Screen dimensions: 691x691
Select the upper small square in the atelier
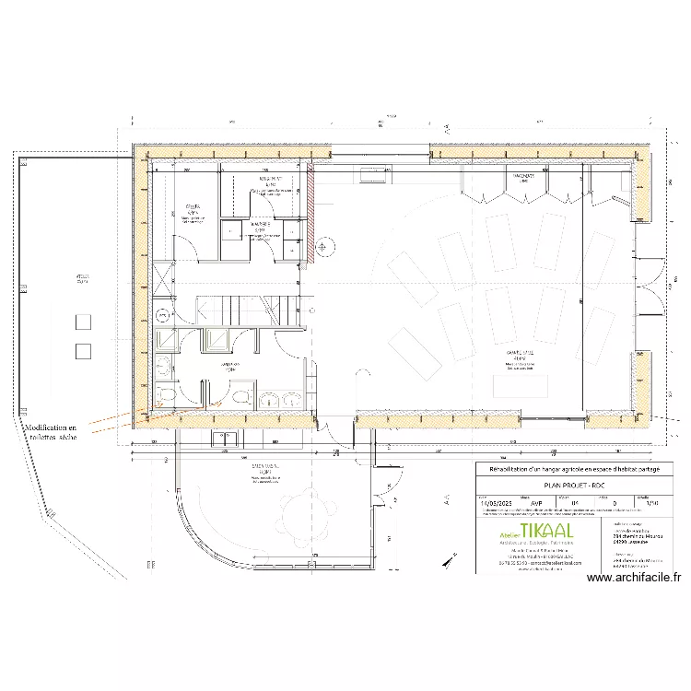83,322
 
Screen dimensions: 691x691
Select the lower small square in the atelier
83,351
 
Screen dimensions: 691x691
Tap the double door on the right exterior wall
655,285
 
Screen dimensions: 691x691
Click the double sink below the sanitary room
283,399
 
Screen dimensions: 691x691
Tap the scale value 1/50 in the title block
653,503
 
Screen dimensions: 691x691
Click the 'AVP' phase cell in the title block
537,503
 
